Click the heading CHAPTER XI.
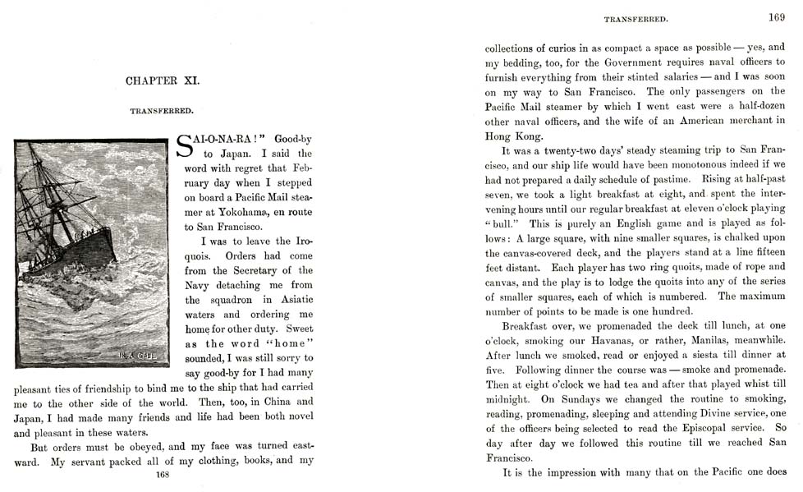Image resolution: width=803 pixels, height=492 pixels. (x=163, y=80)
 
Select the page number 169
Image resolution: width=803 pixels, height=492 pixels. (x=777, y=16)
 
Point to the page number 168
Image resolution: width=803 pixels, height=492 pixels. (x=163, y=474)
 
